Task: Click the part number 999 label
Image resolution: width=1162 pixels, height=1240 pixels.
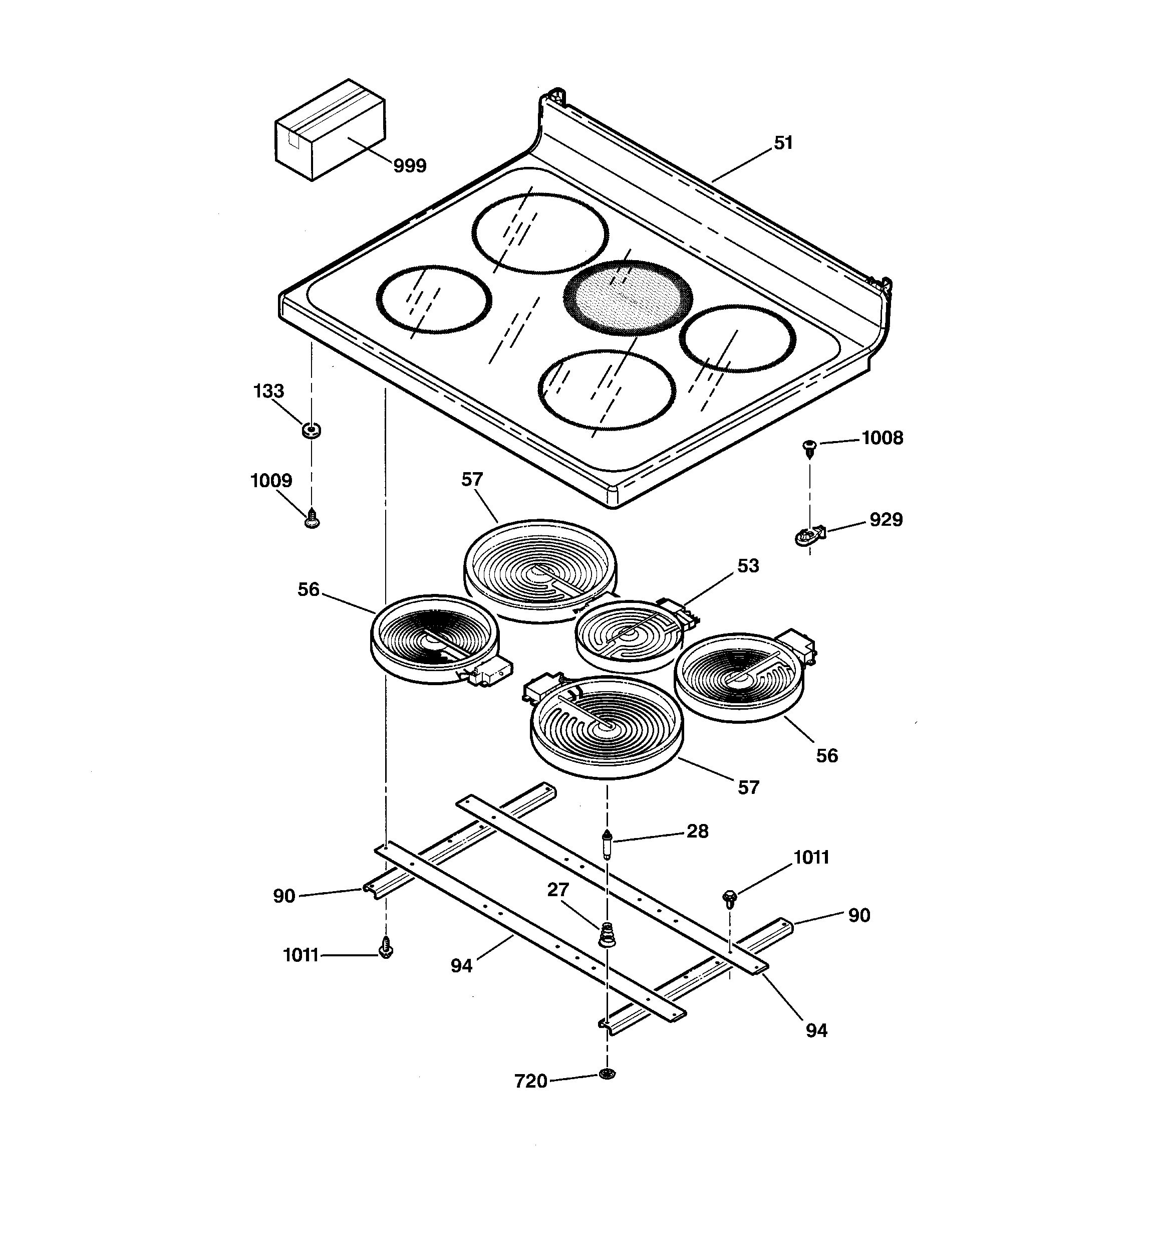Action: pos(410,166)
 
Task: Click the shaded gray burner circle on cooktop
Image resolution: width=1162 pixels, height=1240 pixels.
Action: pos(628,298)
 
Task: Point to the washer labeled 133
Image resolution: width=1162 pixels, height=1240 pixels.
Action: pos(311,430)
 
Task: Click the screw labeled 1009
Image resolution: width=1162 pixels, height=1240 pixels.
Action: pos(312,518)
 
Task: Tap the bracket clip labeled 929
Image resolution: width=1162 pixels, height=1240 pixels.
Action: pos(808,535)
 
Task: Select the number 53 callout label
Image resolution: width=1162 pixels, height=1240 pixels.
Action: pos(748,566)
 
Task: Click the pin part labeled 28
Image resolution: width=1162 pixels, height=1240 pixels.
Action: pos(607,845)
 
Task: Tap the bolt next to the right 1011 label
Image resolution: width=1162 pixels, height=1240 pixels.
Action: pos(729,899)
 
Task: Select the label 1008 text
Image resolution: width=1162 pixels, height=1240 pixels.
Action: pos(882,438)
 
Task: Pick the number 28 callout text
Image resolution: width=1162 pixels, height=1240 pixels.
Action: pos(698,831)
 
